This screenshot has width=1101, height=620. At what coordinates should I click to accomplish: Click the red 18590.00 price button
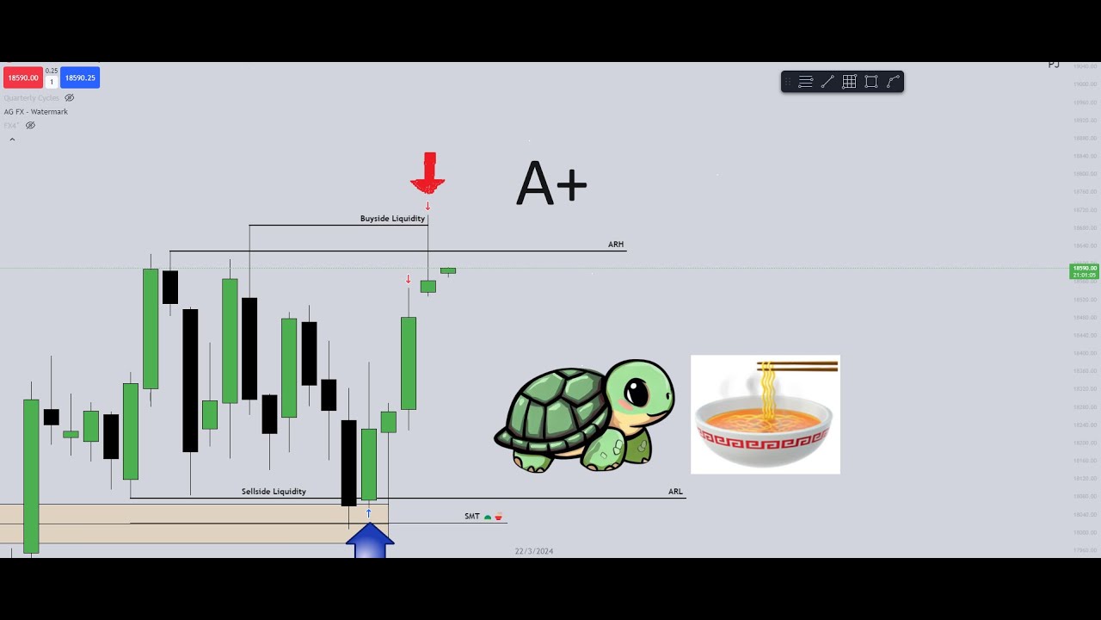pyautogui.click(x=23, y=77)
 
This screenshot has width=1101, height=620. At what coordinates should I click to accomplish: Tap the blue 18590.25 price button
pyautogui.click(x=80, y=77)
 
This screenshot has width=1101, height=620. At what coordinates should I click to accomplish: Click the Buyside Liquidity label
pyautogui.click(x=392, y=219)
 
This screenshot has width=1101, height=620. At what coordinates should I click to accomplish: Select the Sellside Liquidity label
pyautogui.click(x=274, y=492)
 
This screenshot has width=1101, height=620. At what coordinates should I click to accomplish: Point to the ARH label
pyautogui.click(x=616, y=245)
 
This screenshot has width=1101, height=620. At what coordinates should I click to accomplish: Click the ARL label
pyautogui.click(x=675, y=492)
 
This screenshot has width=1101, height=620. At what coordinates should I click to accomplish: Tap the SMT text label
pyautogui.click(x=472, y=517)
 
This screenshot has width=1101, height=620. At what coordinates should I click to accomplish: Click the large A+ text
pyautogui.click(x=551, y=183)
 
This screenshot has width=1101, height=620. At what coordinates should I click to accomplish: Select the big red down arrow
pyautogui.click(x=428, y=173)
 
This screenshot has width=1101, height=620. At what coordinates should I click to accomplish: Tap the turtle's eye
pyautogui.click(x=637, y=394)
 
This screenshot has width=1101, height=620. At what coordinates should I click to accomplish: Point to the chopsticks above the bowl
pyautogui.click(x=797, y=367)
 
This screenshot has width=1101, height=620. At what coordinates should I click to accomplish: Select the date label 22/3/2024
pyautogui.click(x=534, y=551)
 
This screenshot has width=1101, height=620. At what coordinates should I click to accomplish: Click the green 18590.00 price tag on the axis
pyautogui.click(x=1084, y=271)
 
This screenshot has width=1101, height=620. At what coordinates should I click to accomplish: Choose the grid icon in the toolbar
pyautogui.click(x=849, y=82)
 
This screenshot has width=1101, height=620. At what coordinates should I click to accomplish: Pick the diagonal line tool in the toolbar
pyautogui.click(x=827, y=82)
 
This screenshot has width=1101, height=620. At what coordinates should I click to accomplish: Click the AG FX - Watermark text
pyautogui.click(x=36, y=112)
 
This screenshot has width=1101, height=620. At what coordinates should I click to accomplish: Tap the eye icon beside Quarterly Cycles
pyautogui.click(x=70, y=98)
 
